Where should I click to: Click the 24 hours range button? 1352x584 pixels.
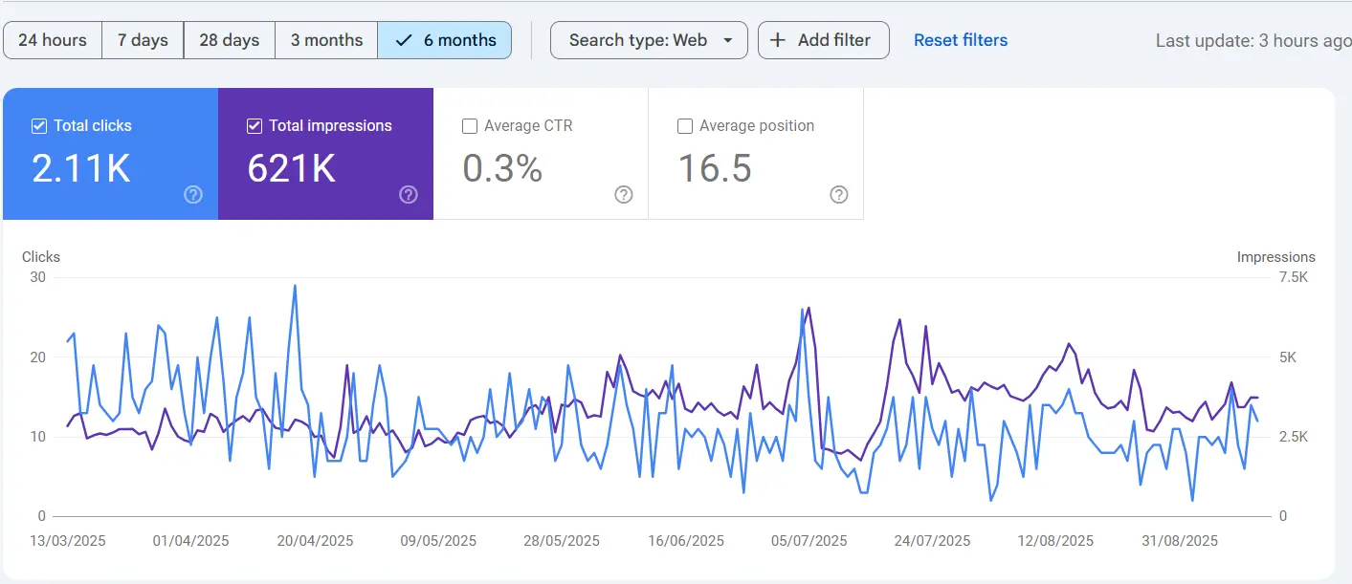pos(53,40)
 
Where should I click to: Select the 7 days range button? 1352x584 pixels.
pos(143,40)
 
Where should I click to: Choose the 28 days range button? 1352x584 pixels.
pos(230,40)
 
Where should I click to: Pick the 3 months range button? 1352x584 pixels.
pos(326,40)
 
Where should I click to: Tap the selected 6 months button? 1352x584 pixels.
pos(446,40)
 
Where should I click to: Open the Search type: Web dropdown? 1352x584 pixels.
pos(649,40)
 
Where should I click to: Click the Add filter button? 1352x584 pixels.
pos(823,40)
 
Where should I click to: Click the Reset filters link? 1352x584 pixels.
pos(960,40)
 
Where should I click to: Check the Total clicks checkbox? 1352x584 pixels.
pos(39,126)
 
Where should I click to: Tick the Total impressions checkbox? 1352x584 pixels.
pos(255,126)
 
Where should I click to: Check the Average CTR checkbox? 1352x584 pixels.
pos(470,126)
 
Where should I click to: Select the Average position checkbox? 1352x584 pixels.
pos(685,126)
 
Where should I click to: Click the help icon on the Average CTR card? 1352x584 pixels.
pos(624,195)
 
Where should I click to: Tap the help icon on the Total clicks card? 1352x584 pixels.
pos(193,195)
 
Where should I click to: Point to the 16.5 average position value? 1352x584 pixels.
pos(715,168)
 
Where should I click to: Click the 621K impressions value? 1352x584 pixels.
pos(291,168)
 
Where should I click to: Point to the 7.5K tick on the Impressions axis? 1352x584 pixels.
pos(1293,277)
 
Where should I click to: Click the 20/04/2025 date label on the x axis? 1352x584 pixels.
pos(315,541)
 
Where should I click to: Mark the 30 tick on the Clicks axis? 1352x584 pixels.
pos(37,277)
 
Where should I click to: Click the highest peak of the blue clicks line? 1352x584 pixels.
pos(295,285)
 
